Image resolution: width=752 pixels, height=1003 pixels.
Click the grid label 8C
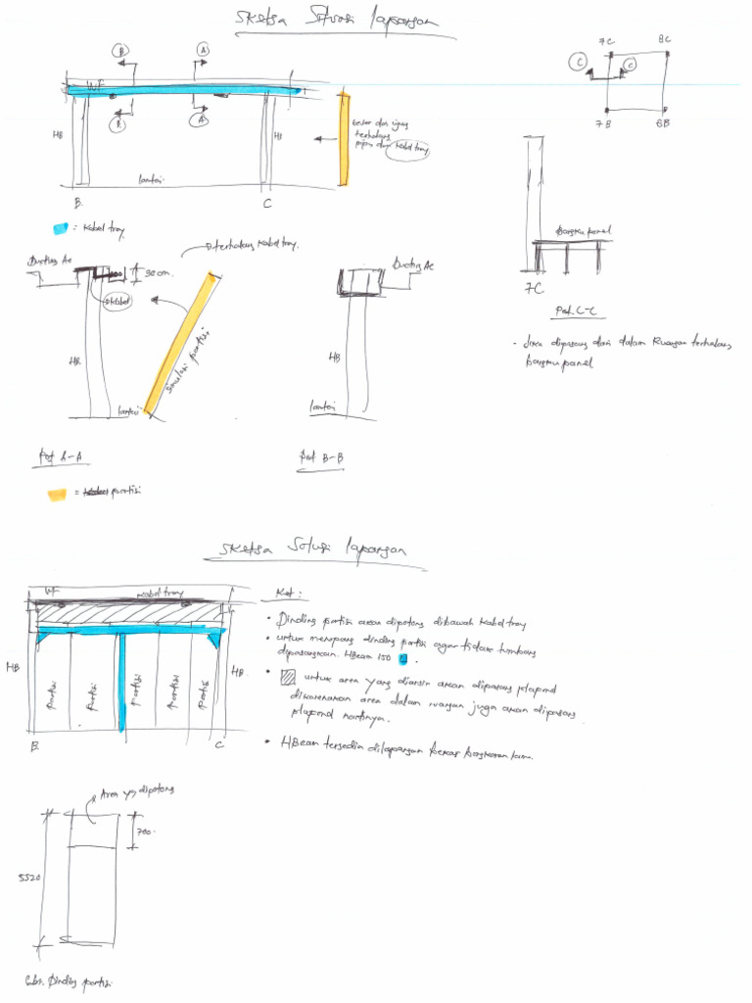click(x=664, y=40)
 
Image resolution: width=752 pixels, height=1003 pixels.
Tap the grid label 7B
click(x=602, y=124)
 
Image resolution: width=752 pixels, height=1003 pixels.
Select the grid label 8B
click(x=663, y=124)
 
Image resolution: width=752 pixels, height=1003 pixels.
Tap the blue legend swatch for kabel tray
click(x=61, y=228)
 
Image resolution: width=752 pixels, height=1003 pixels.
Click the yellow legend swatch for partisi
click(x=57, y=494)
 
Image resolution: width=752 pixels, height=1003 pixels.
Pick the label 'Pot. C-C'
click(x=576, y=310)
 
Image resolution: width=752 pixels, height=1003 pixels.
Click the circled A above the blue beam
click(x=203, y=49)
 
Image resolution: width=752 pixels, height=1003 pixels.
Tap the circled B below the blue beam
click(x=118, y=124)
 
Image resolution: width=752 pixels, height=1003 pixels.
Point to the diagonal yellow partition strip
click(x=179, y=343)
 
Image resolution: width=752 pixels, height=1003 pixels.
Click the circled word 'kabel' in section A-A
click(x=117, y=301)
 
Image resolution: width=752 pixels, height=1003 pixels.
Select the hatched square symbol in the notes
click(x=287, y=677)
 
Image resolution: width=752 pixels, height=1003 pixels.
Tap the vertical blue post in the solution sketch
click(x=122, y=682)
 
